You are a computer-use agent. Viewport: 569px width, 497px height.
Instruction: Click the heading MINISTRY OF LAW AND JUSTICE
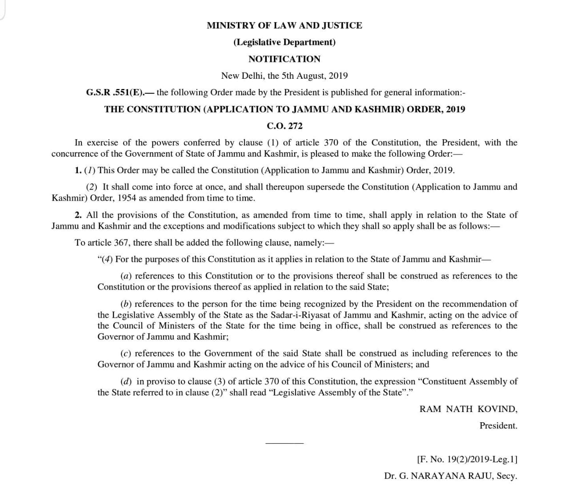[284, 25]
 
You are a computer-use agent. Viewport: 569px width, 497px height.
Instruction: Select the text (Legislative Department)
[284, 42]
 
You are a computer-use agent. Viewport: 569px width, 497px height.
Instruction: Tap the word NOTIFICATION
[284, 59]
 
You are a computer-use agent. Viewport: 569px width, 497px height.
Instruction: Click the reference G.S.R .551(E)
[115, 93]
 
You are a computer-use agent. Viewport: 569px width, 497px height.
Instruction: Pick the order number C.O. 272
[284, 126]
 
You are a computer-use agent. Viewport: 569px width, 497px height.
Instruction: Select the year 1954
[127, 198]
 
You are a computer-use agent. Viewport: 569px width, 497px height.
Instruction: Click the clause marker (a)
[126, 276]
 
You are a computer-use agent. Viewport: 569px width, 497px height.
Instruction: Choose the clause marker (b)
[126, 304]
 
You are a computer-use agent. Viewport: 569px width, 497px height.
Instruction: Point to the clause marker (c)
[126, 354]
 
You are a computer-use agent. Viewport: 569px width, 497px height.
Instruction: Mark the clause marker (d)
[126, 382]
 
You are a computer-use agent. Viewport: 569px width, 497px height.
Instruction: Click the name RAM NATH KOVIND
[468, 409]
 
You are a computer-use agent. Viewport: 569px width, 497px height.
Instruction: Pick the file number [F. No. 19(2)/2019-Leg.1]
[467, 459]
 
